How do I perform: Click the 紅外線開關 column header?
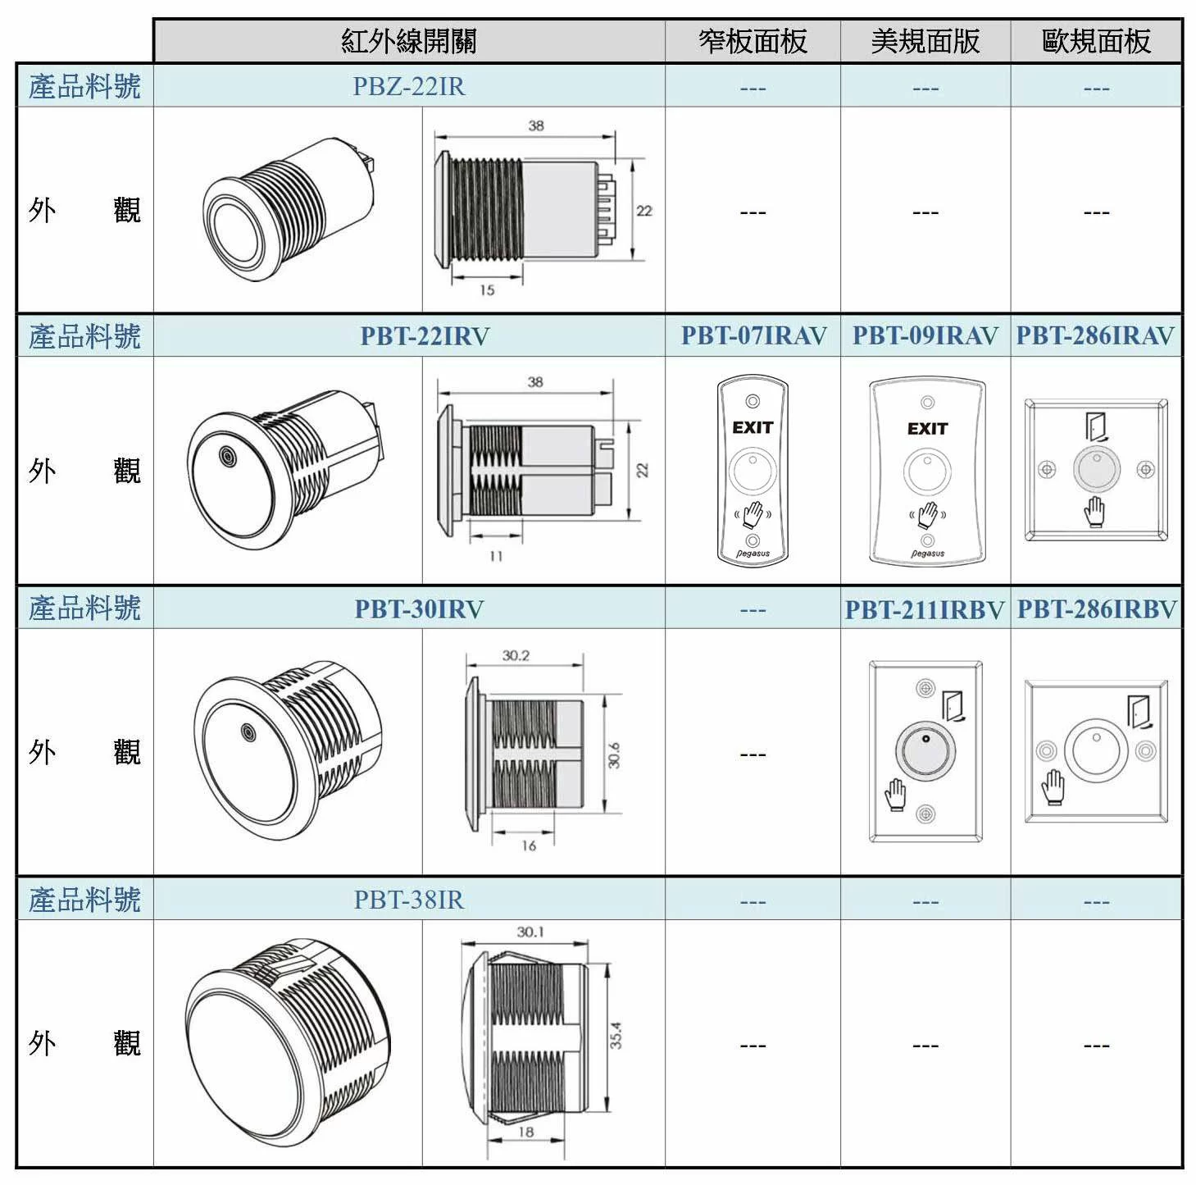tap(409, 42)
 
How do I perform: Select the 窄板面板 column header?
tap(753, 42)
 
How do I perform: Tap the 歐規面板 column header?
tap(1096, 42)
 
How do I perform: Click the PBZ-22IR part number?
tap(409, 86)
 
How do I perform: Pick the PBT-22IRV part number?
tap(425, 336)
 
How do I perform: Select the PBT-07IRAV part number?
tap(754, 335)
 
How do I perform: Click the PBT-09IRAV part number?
tap(925, 335)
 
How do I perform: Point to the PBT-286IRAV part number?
tap(1095, 335)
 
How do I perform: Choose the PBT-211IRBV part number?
tap(925, 610)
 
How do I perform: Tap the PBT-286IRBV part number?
tap(1097, 609)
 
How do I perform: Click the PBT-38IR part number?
tap(409, 900)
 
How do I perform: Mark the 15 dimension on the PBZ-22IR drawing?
tap(487, 290)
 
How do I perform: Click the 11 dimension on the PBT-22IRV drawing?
tap(496, 556)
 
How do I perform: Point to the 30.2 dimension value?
tap(516, 655)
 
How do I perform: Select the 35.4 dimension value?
tap(616, 1035)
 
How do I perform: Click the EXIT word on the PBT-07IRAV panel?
tap(753, 427)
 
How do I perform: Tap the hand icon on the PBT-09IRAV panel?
tap(928, 515)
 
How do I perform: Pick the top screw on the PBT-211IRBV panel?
tap(925, 688)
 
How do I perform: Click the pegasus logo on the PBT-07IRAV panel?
tap(753, 554)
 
